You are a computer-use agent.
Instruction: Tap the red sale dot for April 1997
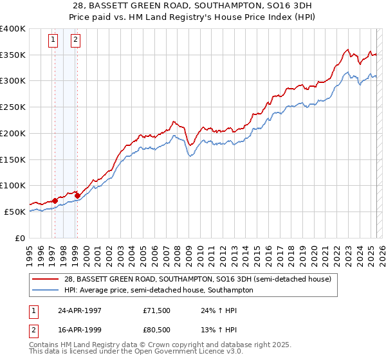[55, 200]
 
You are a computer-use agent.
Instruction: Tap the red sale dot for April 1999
[77, 195]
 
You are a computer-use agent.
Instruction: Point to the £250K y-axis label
[14, 107]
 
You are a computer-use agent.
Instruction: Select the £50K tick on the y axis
[16, 212]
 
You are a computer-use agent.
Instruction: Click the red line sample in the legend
[46, 279]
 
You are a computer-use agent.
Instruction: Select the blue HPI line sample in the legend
[46, 290]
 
